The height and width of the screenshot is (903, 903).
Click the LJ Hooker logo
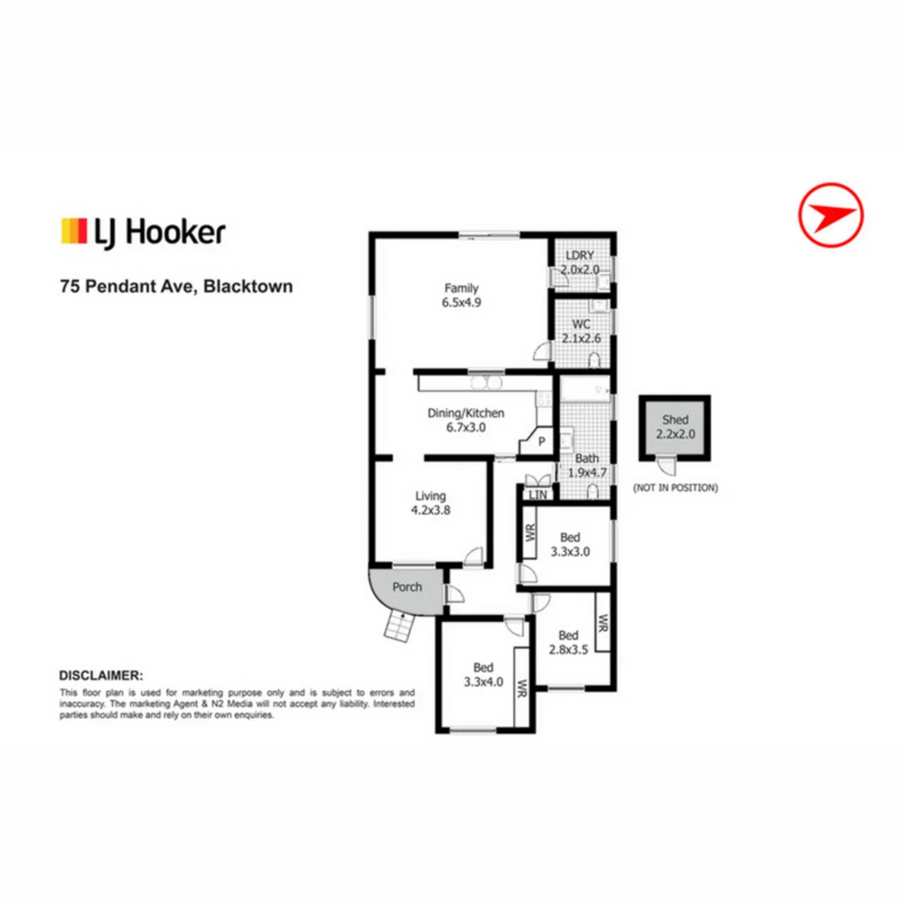pos(143,232)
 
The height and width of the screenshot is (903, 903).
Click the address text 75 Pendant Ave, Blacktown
pos(176,286)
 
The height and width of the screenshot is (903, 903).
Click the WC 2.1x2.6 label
pos(582,331)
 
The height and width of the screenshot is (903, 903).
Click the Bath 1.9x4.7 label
pos(587,466)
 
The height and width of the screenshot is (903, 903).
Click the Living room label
pos(431,503)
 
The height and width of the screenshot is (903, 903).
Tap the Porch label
pos(407,587)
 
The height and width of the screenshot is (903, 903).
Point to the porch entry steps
pos(400,625)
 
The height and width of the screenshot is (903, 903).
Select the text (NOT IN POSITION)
pos(675,487)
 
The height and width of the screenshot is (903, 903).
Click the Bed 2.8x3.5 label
pos(569,640)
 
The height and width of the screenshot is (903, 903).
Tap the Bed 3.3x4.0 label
pos(483,674)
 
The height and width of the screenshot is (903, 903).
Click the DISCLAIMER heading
pos(101,674)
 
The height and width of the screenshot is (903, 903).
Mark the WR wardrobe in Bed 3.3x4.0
pos(521,689)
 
